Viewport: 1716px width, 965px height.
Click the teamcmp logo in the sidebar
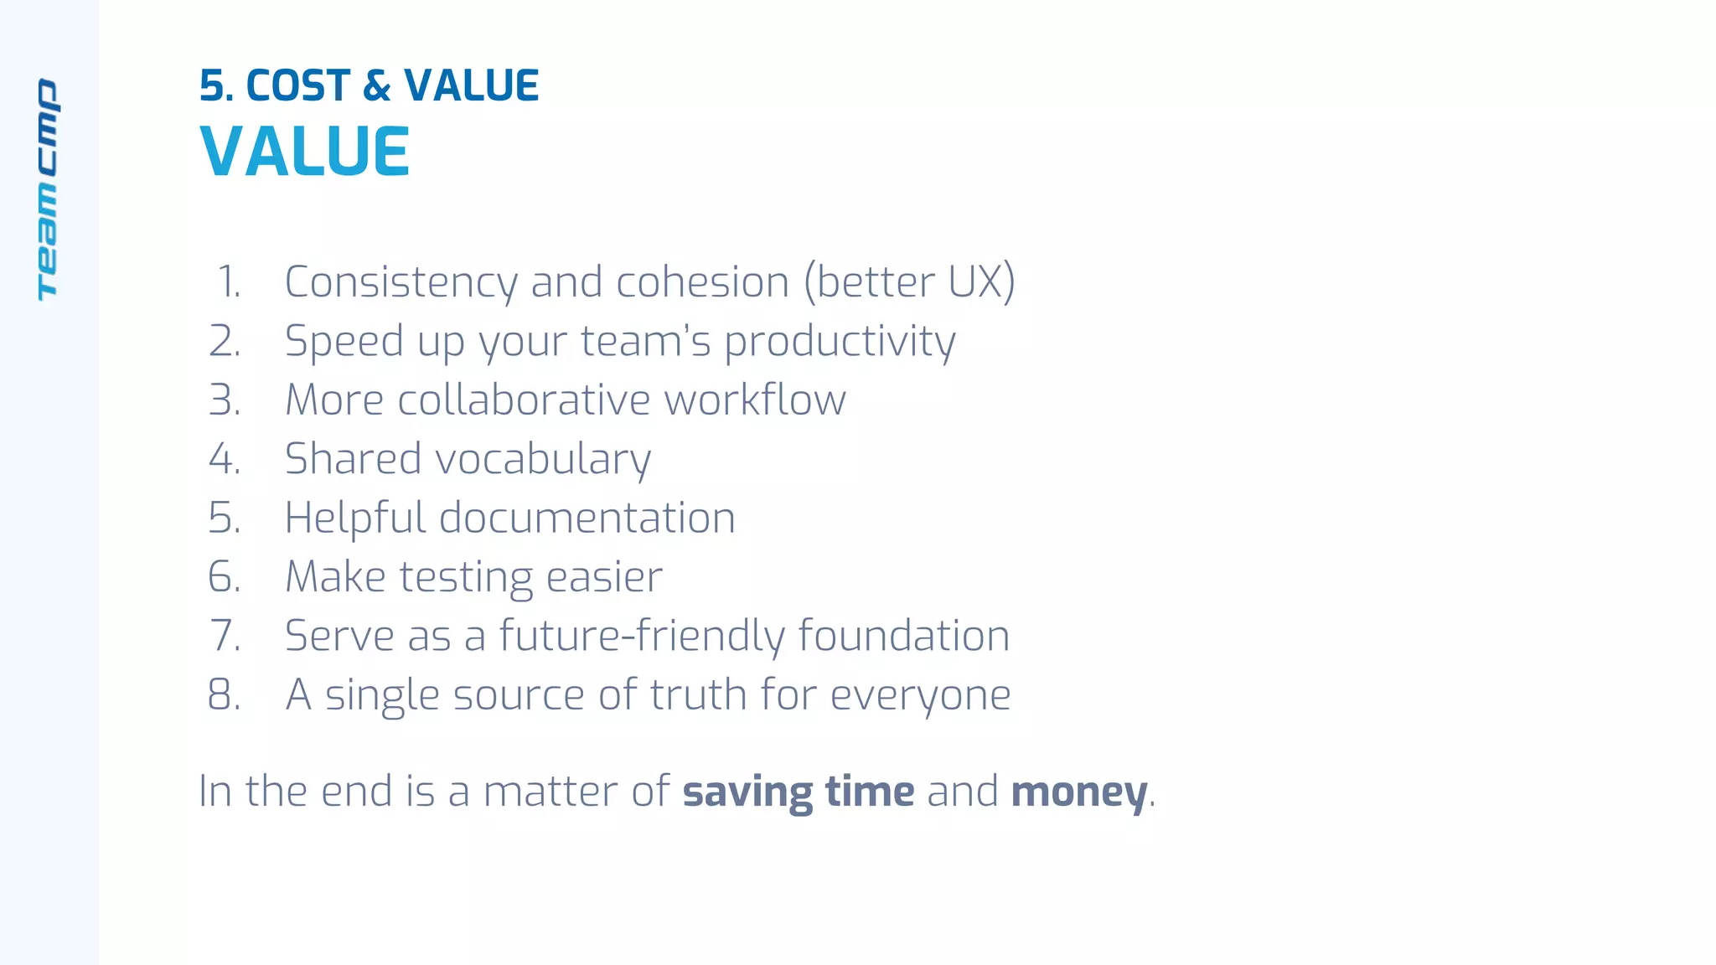(x=48, y=189)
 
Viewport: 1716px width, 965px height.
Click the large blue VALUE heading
(x=305, y=152)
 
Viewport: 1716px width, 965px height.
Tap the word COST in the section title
(x=297, y=85)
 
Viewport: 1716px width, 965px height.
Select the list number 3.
(x=225, y=400)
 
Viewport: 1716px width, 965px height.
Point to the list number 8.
(x=225, y=694)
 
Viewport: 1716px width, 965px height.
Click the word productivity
(x=839, y=342)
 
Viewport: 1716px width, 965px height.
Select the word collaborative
(x=524, y=400)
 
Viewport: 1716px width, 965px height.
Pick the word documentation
(x=587, y=518)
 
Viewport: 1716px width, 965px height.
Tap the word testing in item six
(x=465, y=577)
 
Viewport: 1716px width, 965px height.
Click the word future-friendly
(x=641, y=636)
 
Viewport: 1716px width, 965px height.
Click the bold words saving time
(x=798, y=792)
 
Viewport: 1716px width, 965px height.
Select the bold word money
(x=1078, y=792)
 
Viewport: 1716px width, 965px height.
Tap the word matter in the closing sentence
(x=550, y=792)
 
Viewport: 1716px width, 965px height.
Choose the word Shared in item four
(x=353, y=459)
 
